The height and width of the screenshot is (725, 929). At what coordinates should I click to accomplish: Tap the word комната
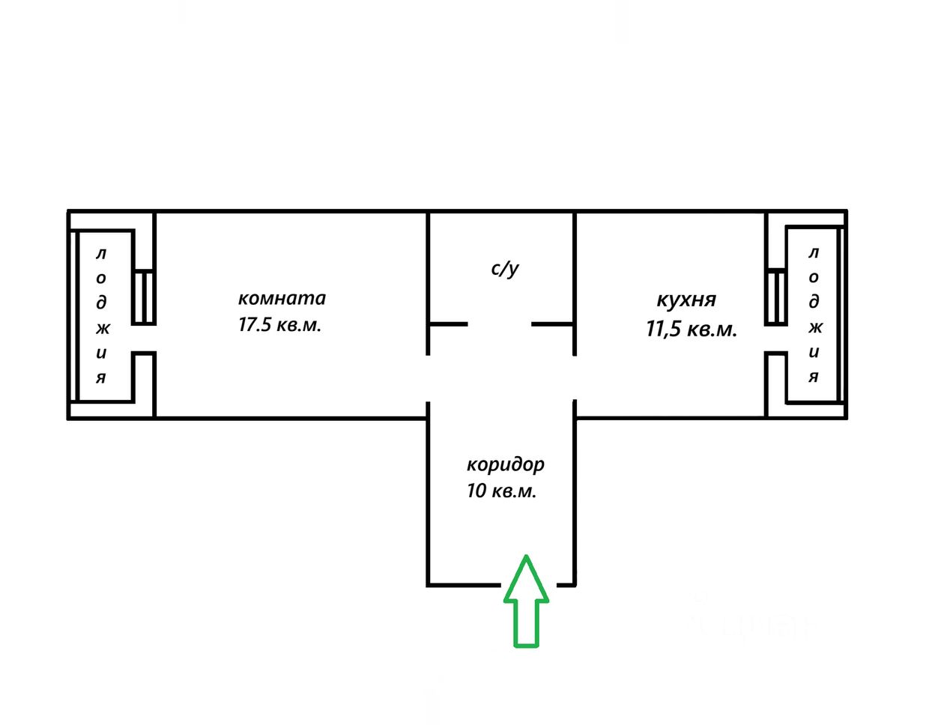[x=282, y=298]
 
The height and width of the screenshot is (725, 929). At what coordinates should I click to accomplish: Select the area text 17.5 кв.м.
[x=279, y=326]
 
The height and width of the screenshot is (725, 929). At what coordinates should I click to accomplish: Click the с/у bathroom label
[x=505, y=268]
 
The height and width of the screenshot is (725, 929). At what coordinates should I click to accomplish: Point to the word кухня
[x=686, y=300]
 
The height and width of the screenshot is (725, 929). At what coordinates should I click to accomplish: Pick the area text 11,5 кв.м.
[x=692, y=329]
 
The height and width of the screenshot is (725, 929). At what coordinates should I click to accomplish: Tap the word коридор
[x=506, y=464]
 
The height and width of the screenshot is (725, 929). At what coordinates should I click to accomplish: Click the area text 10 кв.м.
[x=501, y=491]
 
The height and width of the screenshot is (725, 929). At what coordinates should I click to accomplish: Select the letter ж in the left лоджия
[x=102, y=327]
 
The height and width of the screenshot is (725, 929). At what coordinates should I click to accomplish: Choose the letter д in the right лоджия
[x=814, y=301]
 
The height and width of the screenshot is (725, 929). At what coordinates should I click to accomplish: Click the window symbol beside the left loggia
[x=144, y=297]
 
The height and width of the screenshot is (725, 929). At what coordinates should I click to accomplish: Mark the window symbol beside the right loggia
[x=776, y=297]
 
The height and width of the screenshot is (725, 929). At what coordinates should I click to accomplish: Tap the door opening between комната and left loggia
[x=144, y=339]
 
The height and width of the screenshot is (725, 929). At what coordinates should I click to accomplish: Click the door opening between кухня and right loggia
[x=776, y=339]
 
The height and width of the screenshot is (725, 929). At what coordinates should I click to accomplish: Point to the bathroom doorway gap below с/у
[x=500, y=324]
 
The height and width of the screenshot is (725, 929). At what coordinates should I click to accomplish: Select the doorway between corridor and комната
[x=428, y=378]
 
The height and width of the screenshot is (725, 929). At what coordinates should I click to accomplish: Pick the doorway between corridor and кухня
[x=575, y=378]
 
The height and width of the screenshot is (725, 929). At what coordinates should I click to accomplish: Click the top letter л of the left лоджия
[x=101, y=255]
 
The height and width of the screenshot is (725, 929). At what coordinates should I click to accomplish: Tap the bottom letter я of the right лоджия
[x=814, y=376]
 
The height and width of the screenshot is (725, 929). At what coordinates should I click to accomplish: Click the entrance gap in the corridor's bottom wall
[x=527, y=584]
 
